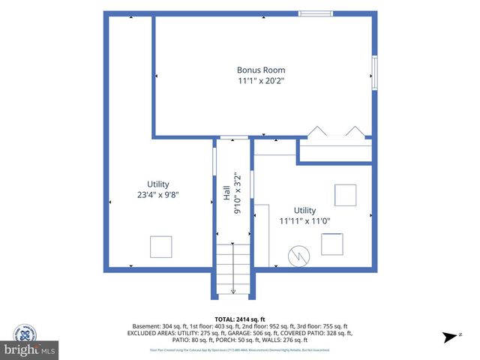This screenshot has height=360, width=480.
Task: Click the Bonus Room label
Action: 262,70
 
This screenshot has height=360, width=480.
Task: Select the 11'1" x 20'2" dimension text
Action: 262,80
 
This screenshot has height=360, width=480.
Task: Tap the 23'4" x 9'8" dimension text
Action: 158,194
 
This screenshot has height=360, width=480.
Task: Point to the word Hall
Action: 226,193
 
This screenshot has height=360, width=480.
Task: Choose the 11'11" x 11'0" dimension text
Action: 304,221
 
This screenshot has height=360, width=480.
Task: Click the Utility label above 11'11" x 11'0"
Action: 304,211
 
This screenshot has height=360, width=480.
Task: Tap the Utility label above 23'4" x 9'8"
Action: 158,184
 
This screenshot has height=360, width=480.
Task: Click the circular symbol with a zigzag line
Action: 298,255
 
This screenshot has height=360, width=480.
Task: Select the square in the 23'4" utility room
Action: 160,247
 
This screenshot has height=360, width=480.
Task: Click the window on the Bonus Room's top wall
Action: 316,13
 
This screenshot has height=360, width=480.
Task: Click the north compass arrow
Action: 451,336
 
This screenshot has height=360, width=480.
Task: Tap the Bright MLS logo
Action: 30,349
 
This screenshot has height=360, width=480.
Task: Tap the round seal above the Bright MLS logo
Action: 25,333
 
